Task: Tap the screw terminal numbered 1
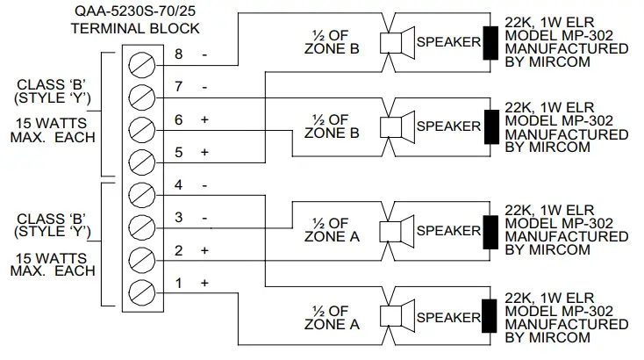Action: click(x=140, y=292)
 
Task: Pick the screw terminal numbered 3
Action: click(x=140, y=225)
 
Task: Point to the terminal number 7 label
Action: click(x=179, y=87)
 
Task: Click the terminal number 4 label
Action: click(x=179, y=185)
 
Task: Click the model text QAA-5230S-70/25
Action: click(x=135, y=11)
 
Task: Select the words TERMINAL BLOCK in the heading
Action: click(x=135, y=28)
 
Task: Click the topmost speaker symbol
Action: click(x=397, y=42)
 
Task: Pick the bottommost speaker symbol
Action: click(x=397, y=315)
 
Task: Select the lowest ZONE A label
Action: click(x=332, y=323)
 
